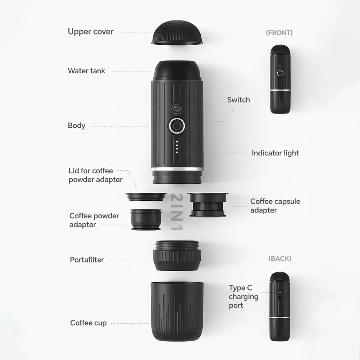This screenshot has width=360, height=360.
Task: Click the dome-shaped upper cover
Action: (177, 33)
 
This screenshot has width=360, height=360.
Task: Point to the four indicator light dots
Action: (177, 147)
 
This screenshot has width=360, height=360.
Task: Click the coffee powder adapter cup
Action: (146, 219)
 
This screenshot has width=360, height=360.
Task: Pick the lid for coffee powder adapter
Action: (146, 197)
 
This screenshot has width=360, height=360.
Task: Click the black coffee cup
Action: (177, 311)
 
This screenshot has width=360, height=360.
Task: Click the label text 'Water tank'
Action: (87, 70)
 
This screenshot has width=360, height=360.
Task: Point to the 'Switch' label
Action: (238, 100)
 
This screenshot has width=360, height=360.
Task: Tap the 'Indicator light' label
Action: (275, 153)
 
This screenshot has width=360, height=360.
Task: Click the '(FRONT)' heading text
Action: (279, 33)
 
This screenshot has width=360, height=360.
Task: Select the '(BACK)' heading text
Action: (280, 259)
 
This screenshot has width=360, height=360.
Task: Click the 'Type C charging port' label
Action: (243, 297)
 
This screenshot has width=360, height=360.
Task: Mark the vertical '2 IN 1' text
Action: (177, 212)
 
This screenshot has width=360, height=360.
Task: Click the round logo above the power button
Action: (177, 109)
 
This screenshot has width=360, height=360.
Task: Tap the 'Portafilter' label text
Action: (87, 260)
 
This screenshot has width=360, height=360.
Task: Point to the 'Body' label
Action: (77, 126)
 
